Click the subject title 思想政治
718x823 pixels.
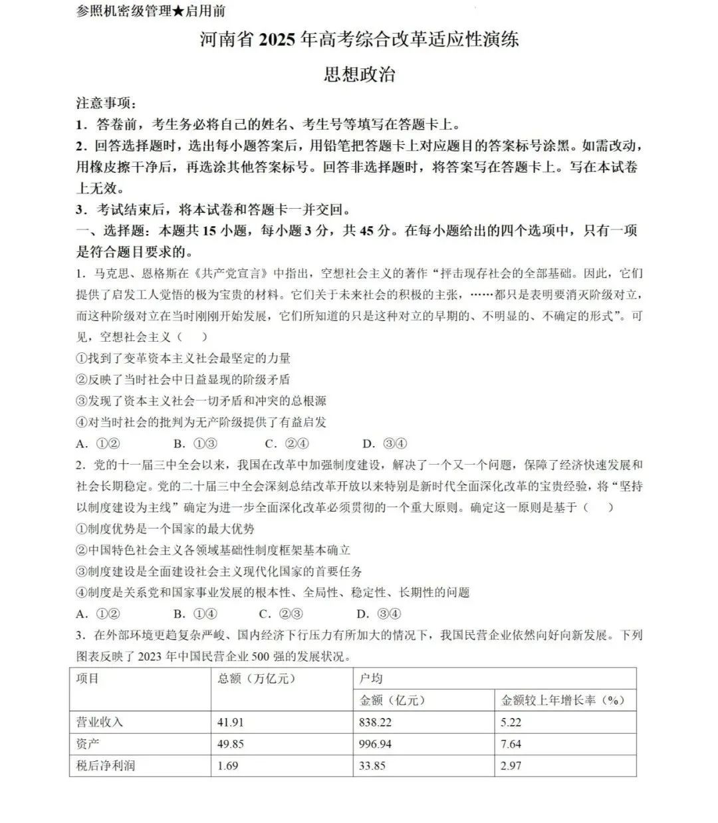pyautogui.click(x=359, y=74)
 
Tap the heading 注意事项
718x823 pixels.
pyautogui.click(x=106, y=103)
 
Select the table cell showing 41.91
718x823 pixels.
pyautogui.click(x=231, y=722)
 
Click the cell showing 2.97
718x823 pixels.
pyautogui.click(x=511, y=765)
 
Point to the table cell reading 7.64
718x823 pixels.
pyautogui.click(x=511, y=743)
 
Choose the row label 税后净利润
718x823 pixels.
pyautogui.click(x=106, y=765)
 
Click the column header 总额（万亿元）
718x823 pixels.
pyautogui.click(x=256, y=679)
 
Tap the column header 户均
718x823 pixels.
pyautogui.click(x=371, y=679)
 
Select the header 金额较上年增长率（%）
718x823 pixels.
pyautogui.click(x=562, y=700)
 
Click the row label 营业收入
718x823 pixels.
pyautogui.click(x=100, y=722)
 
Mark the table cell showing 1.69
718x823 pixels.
pyautogui.click(x=227, y=765)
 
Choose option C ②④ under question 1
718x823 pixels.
pyautogui.click(x=287, y=444)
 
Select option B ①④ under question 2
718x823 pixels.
pyautogui.click(x=195, y=614)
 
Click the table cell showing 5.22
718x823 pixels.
pyautogui.click(x=511, y=722)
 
